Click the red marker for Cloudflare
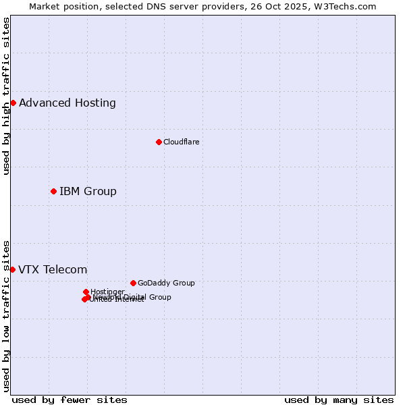(159, 142)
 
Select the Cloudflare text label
(181, 142)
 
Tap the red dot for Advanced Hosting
(13, 103)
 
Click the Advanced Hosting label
(67, 103)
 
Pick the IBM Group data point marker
(53, 191)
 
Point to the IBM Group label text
(88, 192)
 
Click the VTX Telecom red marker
(12, 269)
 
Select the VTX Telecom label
(53, 270)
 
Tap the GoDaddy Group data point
(133, 283)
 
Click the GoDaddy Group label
(166, 283)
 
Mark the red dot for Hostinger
(86, 292)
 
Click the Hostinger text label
(107, 292)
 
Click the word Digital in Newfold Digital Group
(135, 297)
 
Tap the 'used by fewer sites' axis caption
(70, 400)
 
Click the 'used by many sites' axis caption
(339, 400)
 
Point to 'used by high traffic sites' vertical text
(6, 96)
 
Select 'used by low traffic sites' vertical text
(6, 316)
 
